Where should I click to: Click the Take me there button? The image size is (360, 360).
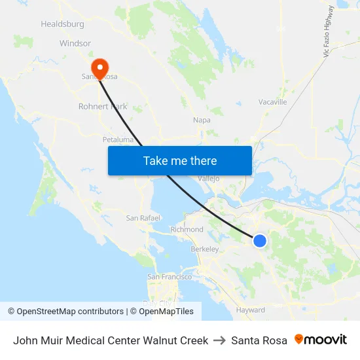coord(180,161)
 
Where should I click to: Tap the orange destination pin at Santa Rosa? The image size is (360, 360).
coord(100,68)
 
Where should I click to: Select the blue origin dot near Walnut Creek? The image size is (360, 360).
coord(260,241)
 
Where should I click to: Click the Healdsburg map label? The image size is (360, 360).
coord(62,24)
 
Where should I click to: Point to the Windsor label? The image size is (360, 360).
coord(75,43)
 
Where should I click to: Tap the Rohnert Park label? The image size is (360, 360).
coord(102,106)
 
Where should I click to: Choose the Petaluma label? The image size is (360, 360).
coord(118,139)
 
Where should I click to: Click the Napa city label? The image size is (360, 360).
coord(202,120)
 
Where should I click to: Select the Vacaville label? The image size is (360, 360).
coord(273,102)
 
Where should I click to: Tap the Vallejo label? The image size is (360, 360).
coord(208,178)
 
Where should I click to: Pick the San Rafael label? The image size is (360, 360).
coord(140,218)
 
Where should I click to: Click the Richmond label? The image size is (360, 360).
coord(187,230)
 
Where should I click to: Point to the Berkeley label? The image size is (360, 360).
coord(204,249)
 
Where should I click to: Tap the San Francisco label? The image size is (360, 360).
coord(170,277)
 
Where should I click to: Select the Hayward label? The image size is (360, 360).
coord(251,310)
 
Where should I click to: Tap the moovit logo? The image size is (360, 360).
coord(321,340)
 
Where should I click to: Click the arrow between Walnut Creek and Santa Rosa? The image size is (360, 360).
coord(219,340)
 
